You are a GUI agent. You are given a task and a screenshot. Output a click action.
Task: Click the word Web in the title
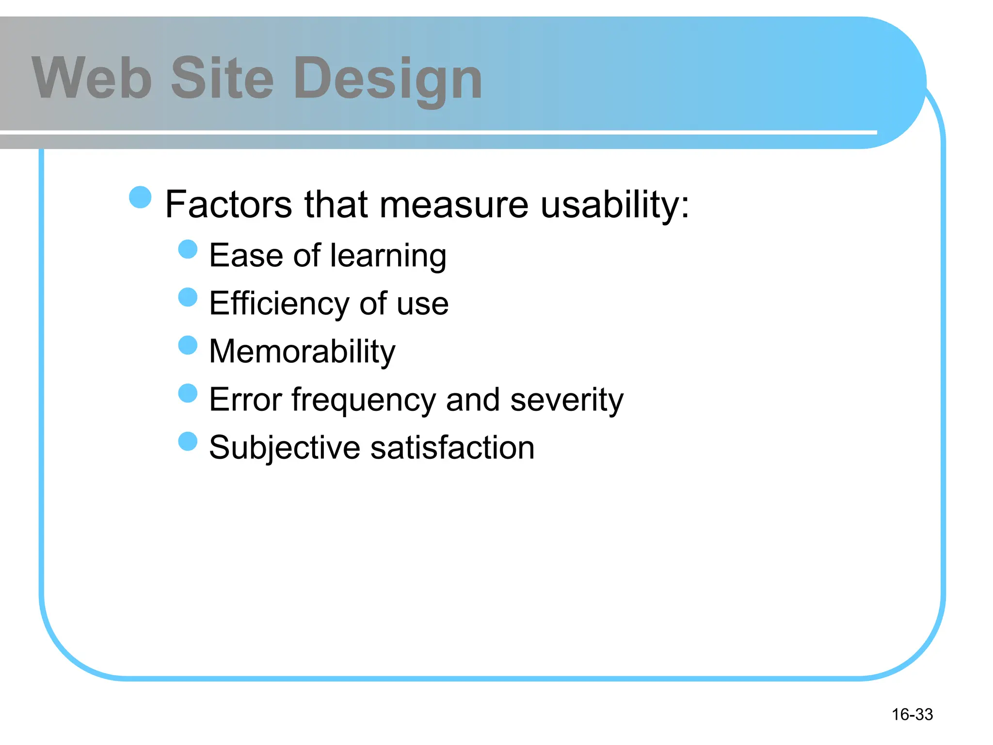[92, 78]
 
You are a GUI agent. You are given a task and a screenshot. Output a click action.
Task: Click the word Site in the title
[223, 78]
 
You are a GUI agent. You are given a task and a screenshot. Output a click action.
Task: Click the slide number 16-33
[912, 714]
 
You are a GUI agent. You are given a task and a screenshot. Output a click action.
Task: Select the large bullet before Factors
[141, 197]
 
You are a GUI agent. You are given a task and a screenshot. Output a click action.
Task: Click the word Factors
[228, 204]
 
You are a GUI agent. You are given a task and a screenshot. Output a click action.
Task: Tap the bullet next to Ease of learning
[188, 249]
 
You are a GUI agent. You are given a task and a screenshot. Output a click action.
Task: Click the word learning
[388, 256]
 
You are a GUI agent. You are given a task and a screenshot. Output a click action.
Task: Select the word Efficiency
[279, 304]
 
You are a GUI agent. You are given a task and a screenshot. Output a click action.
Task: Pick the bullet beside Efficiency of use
[188, 297]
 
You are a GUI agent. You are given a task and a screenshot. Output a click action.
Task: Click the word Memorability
[302, 352]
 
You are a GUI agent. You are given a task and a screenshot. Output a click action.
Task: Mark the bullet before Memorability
[188, 345]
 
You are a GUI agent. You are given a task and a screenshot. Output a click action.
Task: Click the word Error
[245, 400]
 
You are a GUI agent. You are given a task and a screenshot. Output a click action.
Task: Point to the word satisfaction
[452, 448]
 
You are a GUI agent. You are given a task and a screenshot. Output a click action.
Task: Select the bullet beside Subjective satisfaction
[188, 441]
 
